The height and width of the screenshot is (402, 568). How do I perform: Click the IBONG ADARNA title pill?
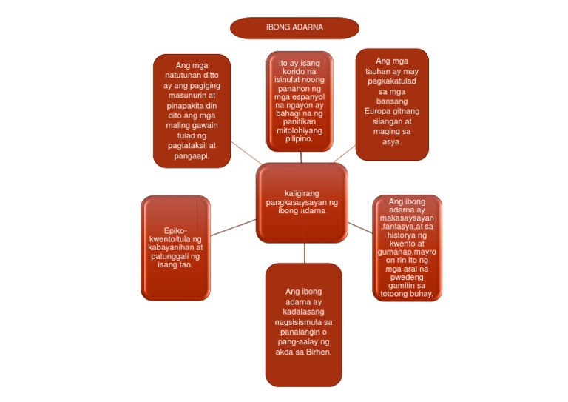coord(294,27)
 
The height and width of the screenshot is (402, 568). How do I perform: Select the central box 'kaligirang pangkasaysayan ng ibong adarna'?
coord(302,203)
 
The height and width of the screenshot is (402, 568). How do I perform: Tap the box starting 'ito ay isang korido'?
coord(300,101)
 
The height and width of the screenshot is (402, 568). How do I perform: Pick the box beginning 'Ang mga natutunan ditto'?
coord(192,110)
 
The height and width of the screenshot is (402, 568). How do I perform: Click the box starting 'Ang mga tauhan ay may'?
coord(392,104)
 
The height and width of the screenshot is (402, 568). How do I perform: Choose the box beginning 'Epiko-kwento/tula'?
coord(175,247)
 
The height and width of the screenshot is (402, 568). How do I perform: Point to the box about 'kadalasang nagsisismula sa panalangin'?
coord(303,324)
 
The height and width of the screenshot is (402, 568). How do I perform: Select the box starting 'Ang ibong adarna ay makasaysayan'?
coord(407,247)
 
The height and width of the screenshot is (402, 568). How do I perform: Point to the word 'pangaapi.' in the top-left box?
coord(192,156)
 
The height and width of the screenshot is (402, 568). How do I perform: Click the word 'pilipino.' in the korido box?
coord(299,139)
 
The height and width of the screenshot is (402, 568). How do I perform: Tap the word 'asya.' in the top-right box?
coord(392,141)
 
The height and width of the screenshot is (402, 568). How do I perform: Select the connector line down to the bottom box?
coord(304,252)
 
